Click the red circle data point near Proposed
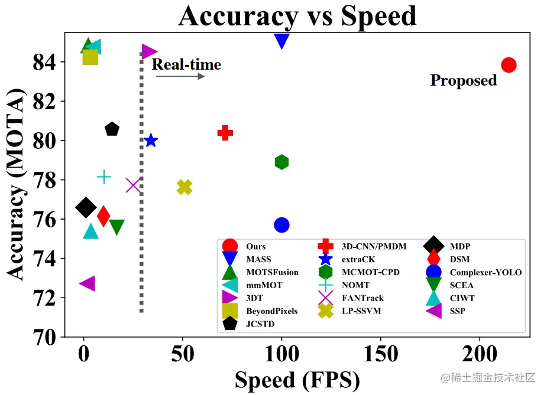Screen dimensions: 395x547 pyautogui.click(x=509, y=65)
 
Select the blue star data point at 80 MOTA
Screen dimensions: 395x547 pyautogui.click(x=151, y=141)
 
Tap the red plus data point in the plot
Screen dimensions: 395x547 pyautogui.click(x=224, y=133)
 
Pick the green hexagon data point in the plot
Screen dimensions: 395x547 pyautogui.click(x=281, y=162)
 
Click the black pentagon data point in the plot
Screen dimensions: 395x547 pyautogui.click(x=112, y=129)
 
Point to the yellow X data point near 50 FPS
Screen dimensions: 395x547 pyautogui.click(x=185, y=187)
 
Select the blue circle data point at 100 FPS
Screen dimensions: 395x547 pyautogui.click(x=281, y=225)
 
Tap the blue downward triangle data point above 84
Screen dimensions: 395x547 pyautogui.click(x=281, y=41)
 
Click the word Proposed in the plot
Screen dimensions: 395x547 pyautogui.click(x=463, y=80)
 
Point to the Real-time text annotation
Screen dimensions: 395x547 pyautogui.click(x=186, y=64)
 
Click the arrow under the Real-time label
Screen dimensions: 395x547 pyautogui.click(x=180, y=76)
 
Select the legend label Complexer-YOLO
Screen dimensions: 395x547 pyautogui.click(x=485, y=272)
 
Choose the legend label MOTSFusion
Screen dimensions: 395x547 pyautogui.click(x=272, y=272)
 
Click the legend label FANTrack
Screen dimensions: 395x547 pyautogui.click(x=363, y=298)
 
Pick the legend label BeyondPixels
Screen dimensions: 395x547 pyautogui.click(x=271, y=311)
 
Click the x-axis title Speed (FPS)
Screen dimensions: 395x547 pyautogui.click(x=297, y=380)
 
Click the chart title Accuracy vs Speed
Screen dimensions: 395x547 pyautogui.click(x=297, y=17)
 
